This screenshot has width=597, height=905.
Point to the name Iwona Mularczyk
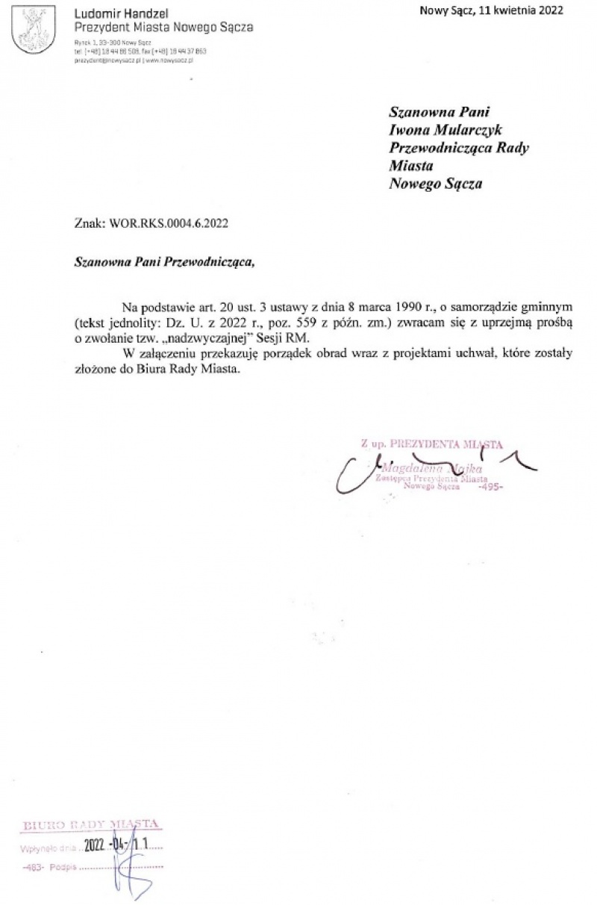(x=447, y=130)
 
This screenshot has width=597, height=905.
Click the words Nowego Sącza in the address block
(x=436, y=184)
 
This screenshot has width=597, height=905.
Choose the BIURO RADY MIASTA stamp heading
(x=92, y=825)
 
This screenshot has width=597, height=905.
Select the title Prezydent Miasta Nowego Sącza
(x=163, y=28)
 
